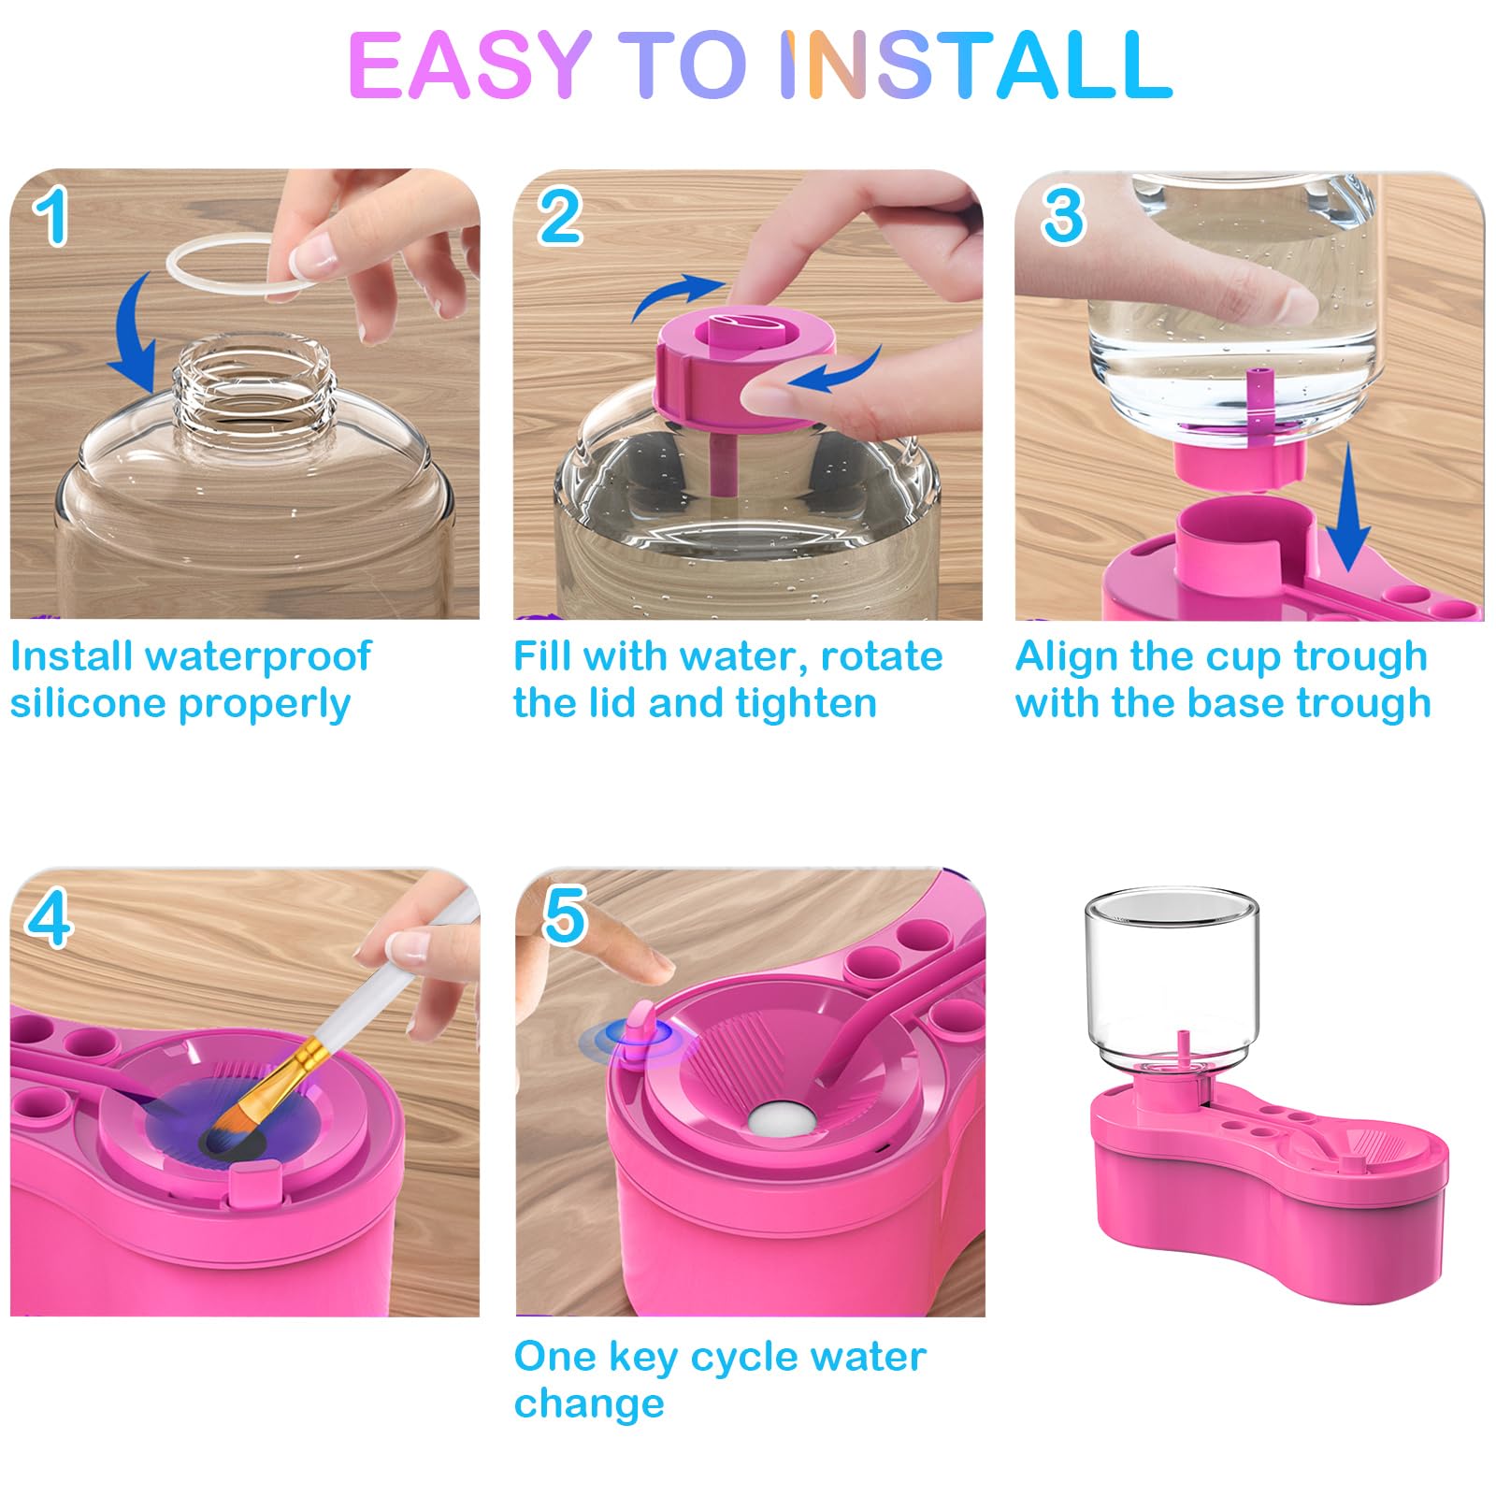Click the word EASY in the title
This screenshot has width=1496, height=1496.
pyautogui.click(x=469, y=65)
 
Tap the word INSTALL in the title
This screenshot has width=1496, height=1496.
pyautogui.click(x=976, y=65)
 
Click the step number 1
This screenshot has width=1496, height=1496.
pyautogui.click(x=52, y=216)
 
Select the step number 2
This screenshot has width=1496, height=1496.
pyautogui.click(x=559, y=216)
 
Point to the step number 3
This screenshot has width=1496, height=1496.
pyautogui.click(x=1063, y=216)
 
